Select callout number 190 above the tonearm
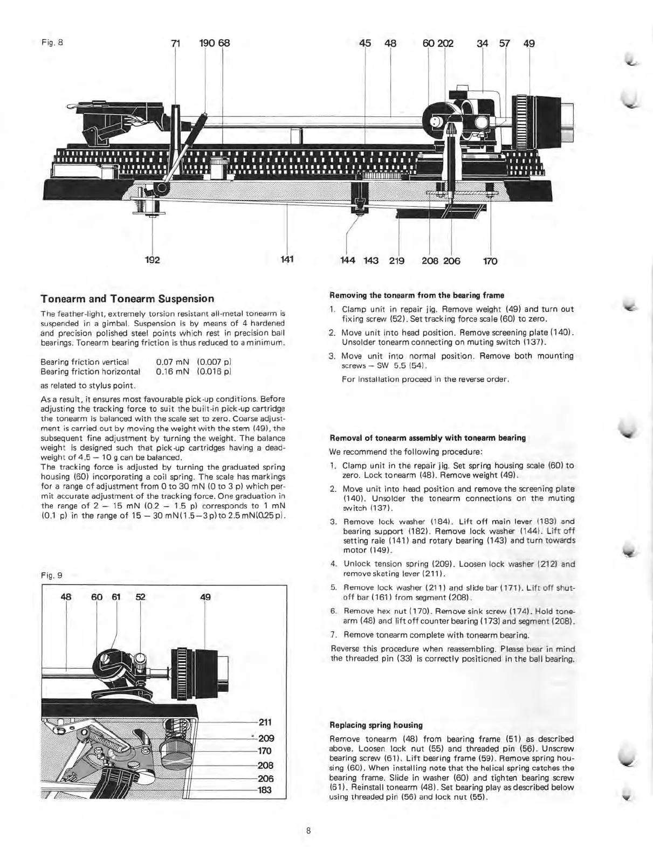pyautogui.click(x=207, y=44)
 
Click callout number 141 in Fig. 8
pyautogui.click(x=287, y=260)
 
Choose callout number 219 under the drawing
pyautogui.click(x=397, y=261)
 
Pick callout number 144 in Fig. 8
pyautogui.click(x=348, y=261)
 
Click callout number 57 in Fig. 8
pyautogui.click(x=505, y=44)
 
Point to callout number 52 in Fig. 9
pyautogui.click(x=140, y=597)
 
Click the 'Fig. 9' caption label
pyautogui.click(x=52, y=575)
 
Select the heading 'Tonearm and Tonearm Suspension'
pyautogui.click(x=127, y=298)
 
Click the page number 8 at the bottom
pyautogui.click(x=308, y=830)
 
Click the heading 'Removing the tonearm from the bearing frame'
pyautogui.click(x=416, y=295)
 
